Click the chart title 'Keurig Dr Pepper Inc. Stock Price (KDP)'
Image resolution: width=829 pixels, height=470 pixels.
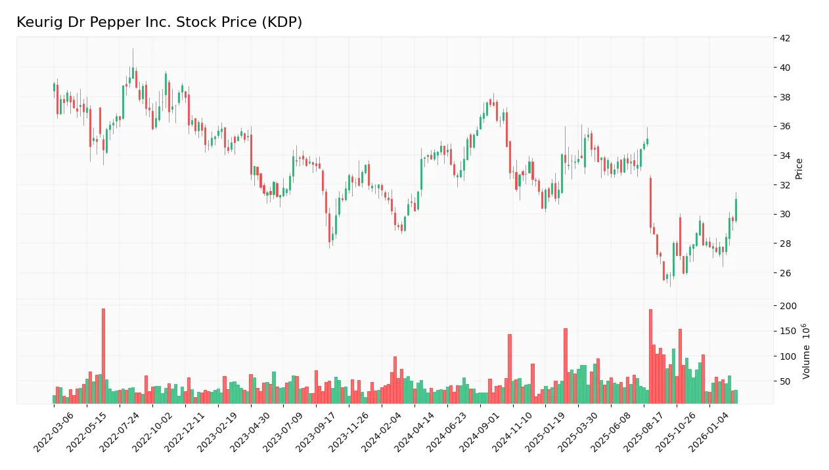[159, 22]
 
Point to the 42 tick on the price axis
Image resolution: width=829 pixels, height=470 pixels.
[784, 38]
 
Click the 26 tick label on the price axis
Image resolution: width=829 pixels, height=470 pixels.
[784, 273]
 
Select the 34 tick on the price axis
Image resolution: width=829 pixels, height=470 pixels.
[784, 156]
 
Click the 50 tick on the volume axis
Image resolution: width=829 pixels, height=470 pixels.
[784, 381]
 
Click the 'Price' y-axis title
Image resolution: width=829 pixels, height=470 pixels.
[799, 169]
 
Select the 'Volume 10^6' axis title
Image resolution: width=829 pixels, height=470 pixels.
[807, 351]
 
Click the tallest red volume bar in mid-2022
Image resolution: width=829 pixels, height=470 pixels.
[103, 356]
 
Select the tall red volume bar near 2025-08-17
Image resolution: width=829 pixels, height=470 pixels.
[650, 356]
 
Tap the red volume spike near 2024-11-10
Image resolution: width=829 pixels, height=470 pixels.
[509, 369]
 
